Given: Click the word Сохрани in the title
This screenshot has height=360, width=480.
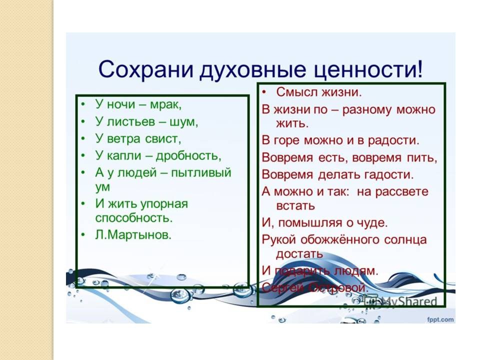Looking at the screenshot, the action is (x=145, y=69).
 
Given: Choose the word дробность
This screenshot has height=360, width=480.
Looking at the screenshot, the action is (x=188, y=156).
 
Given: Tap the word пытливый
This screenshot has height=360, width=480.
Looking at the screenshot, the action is (x=201, y=173).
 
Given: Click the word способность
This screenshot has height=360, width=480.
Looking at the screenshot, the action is (x=134, y=218).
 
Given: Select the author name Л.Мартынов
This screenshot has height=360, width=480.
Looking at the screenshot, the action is (x=133, y=235).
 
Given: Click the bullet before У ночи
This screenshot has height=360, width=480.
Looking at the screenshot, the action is (x=83, y=104).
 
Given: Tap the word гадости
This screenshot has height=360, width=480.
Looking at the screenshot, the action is (x=389, y=175).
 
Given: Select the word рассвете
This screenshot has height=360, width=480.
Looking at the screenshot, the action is (x=401, y=192).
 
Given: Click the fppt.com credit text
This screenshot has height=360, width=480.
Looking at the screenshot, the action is (x=440, y=319).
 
